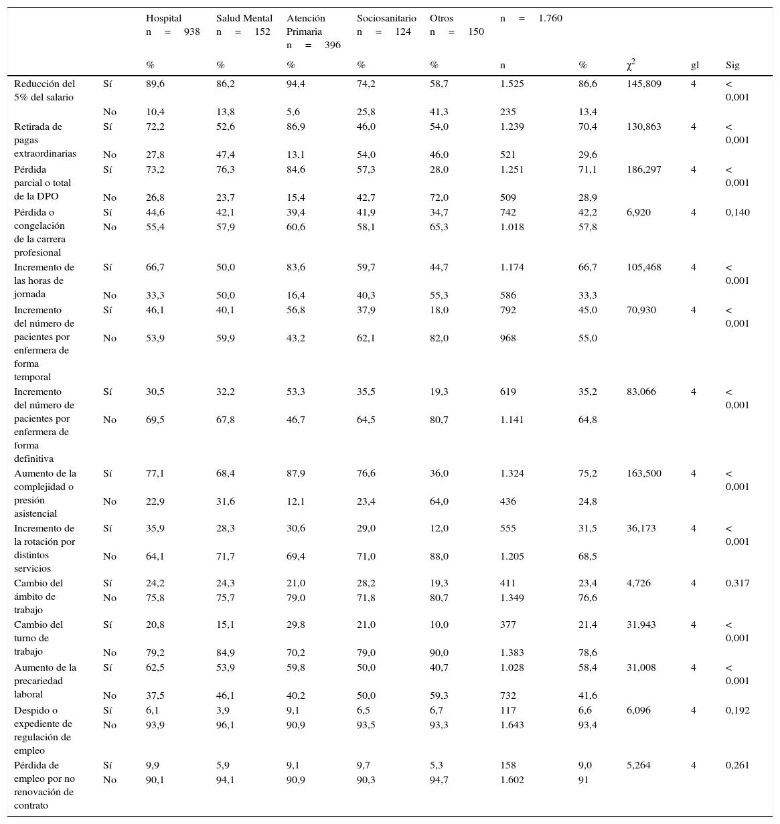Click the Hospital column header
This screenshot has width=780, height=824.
163,18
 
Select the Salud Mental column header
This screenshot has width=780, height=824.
244,18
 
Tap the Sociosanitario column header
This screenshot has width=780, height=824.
386,18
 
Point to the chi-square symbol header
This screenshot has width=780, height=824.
631,65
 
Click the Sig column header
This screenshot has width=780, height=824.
732,66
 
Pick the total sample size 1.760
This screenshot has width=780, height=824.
550,18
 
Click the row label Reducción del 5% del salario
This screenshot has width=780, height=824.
44,90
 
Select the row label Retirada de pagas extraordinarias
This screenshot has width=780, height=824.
45,140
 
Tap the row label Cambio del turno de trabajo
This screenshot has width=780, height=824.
38,638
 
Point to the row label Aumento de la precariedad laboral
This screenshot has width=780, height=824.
45,681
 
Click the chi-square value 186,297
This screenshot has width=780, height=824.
643,169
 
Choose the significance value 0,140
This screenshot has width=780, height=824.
738,212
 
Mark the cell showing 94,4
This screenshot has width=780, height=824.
296,84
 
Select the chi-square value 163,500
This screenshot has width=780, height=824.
643,473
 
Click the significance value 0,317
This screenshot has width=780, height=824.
738,583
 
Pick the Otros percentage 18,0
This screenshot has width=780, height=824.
439,310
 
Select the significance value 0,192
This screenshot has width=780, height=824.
738,710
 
